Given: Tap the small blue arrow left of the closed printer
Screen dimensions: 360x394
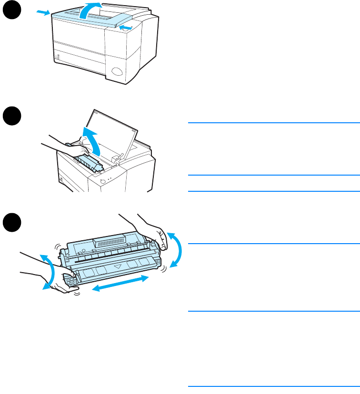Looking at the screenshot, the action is (x=42, y=13).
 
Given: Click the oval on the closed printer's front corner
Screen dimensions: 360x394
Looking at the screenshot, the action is (x=116, y=72).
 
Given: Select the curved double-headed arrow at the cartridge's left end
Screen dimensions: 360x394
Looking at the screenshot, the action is (x=48, y=271).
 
